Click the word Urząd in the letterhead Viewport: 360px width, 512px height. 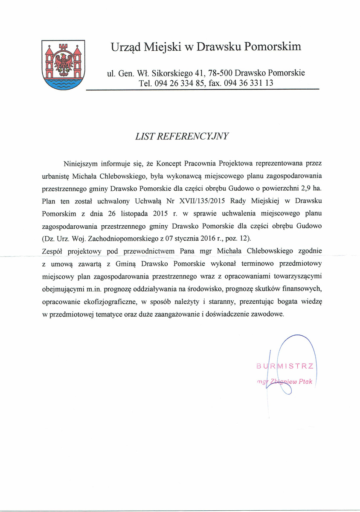(x=125, y=47)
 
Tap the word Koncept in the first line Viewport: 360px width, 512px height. (x=170, y=163)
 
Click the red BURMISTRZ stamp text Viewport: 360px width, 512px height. (x=285, y=366)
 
